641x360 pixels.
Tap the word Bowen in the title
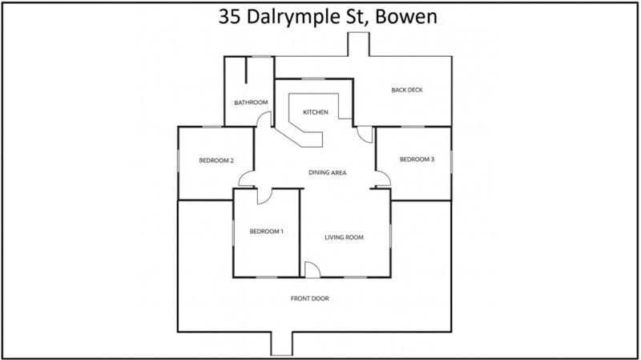[x=406, y=17]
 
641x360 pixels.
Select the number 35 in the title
[x=229, y=17]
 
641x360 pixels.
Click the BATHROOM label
[x=251, y=103]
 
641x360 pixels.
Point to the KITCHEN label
[x=315, y=112]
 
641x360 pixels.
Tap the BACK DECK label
[x=407, y=90]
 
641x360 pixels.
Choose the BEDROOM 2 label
[x=216, y=160]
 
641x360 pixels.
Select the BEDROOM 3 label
[x=417, y=159]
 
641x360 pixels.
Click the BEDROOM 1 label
[x=267, y=231]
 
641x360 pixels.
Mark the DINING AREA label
[x=328, y=172]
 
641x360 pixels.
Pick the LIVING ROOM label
[x=344, y=237]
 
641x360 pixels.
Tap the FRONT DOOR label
[x=309, y=298]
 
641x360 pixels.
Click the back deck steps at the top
[x=358, y=44]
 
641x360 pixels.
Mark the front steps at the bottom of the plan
[x=282, y=344]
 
